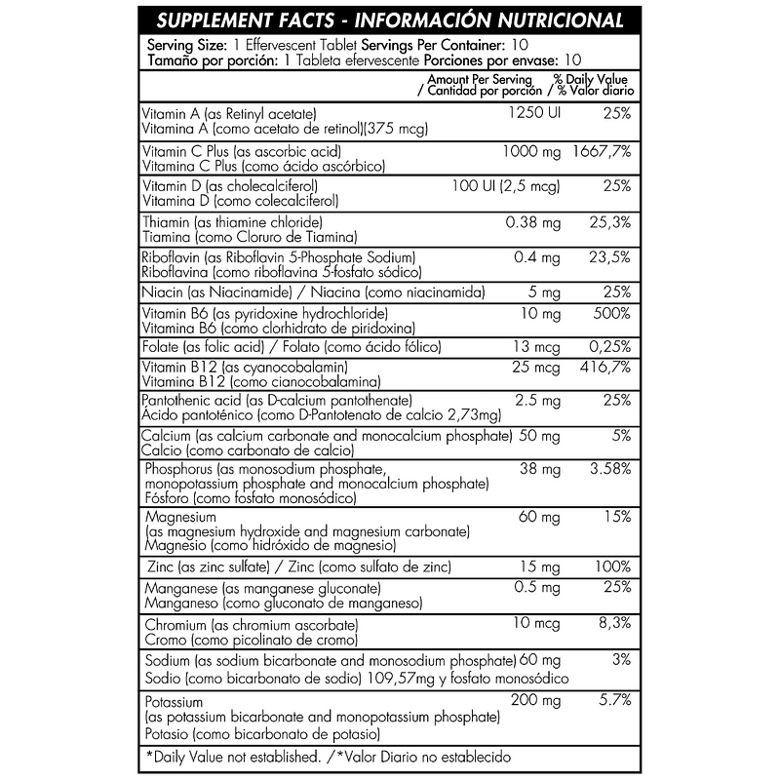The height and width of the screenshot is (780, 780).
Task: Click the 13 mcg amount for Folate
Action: pos(538,347)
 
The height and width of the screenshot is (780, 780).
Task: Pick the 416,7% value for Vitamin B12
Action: pos(606,367)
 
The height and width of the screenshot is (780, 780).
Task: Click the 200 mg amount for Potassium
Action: pos(536,701)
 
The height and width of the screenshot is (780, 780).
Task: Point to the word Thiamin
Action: pos(167,221)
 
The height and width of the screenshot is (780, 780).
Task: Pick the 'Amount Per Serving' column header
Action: pos(480,79)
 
